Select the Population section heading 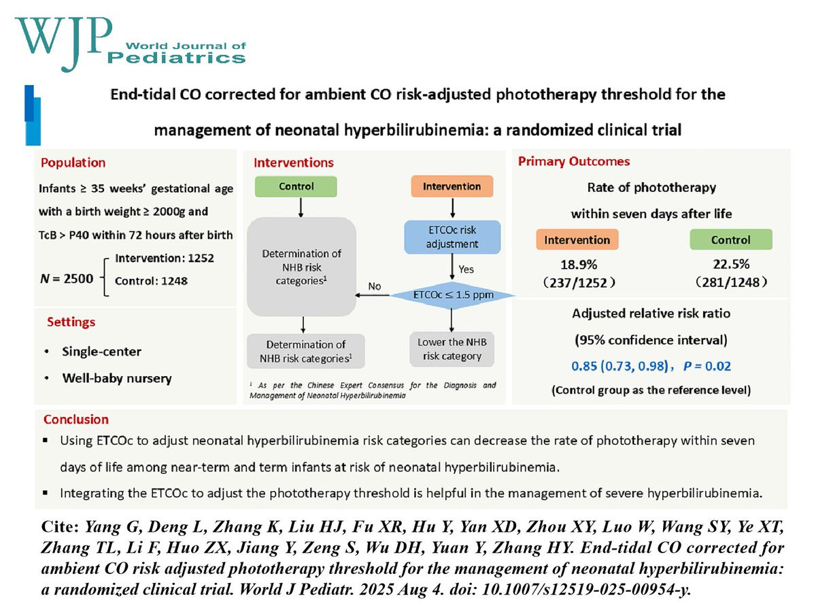(73, 163)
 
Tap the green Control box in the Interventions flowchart (296, 186)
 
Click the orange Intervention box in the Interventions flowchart (452, 186)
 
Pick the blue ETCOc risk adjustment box (452, 237)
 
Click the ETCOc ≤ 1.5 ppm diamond (452, 295)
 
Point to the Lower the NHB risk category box (452, 348)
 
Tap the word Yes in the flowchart (466, 269)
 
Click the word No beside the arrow (374, 286)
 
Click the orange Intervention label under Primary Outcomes (578, 240)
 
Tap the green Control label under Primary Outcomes (731, 240)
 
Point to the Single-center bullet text (102, 352)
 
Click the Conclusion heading (76, 420)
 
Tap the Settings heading (71, 322)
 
